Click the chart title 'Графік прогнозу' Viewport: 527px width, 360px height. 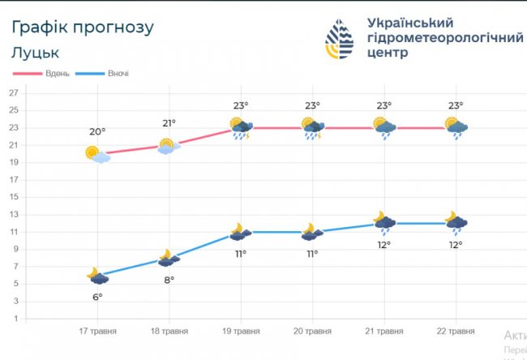(x=82, y=27)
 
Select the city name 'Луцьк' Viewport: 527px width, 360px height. (x=36, y=53)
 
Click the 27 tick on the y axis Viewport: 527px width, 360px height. (x=13, y=93)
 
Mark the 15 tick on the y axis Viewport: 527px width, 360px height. (x=13, y=197)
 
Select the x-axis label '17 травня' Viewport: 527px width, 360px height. (x=98, y=331)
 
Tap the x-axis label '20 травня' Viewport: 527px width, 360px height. (x=312, y=331)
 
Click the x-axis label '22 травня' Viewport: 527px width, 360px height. (x=455, y=331)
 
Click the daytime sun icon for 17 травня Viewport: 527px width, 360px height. (x=96, y=154)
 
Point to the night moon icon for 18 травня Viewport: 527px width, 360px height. (x=168, y=259)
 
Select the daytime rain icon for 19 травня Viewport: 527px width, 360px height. (x=241, y=128)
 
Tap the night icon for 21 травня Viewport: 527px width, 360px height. (x=383, y=221)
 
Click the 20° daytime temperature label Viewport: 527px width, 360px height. (x=97, y=132)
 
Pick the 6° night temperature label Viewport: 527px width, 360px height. (x=97, y=297)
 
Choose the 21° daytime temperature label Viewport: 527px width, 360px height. (x=169, y=123)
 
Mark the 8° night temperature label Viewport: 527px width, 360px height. (x=169, y=280)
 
